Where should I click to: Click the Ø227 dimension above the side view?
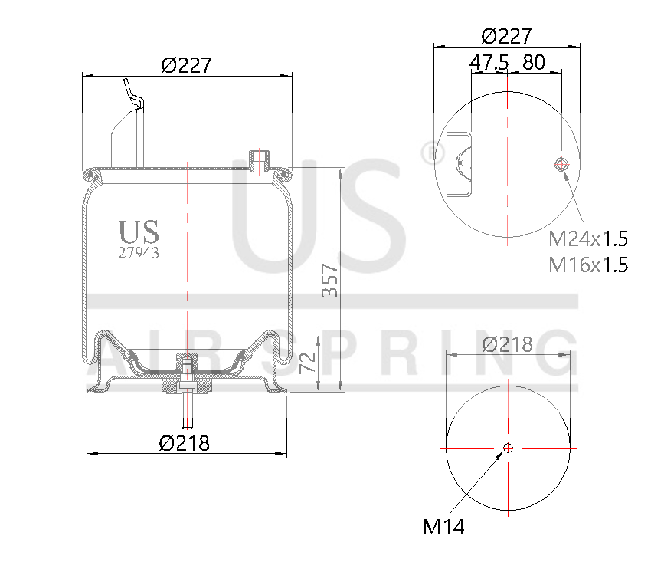pyautogui.click(x=186, y=65)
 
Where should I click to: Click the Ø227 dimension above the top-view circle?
pyautogui.click(x=506, y=36)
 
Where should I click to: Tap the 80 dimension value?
pyautogui.click(x=535, y=63)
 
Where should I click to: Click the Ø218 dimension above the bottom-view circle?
pyautogui.click(x=508, y=344)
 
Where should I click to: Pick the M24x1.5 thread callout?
pyautogui.click(x=588, y=238)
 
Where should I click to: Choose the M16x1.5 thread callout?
pyautogui.click(x=588, y=265)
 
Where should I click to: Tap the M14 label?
pyautogui.click(x=443, y=527)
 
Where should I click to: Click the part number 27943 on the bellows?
pyautogui.click(x=139, y=252)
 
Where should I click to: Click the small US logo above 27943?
pyautogui.click(x=139, y=231)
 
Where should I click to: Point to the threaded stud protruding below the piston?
pyautogui.click(x=187, y=410)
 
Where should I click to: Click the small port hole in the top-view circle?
pyautogui.click(x=561, y=163)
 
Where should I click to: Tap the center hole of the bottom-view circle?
pyautogui.click(x=508, y=449)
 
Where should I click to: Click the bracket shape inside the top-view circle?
pyautogui.click(x=460, y=164)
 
